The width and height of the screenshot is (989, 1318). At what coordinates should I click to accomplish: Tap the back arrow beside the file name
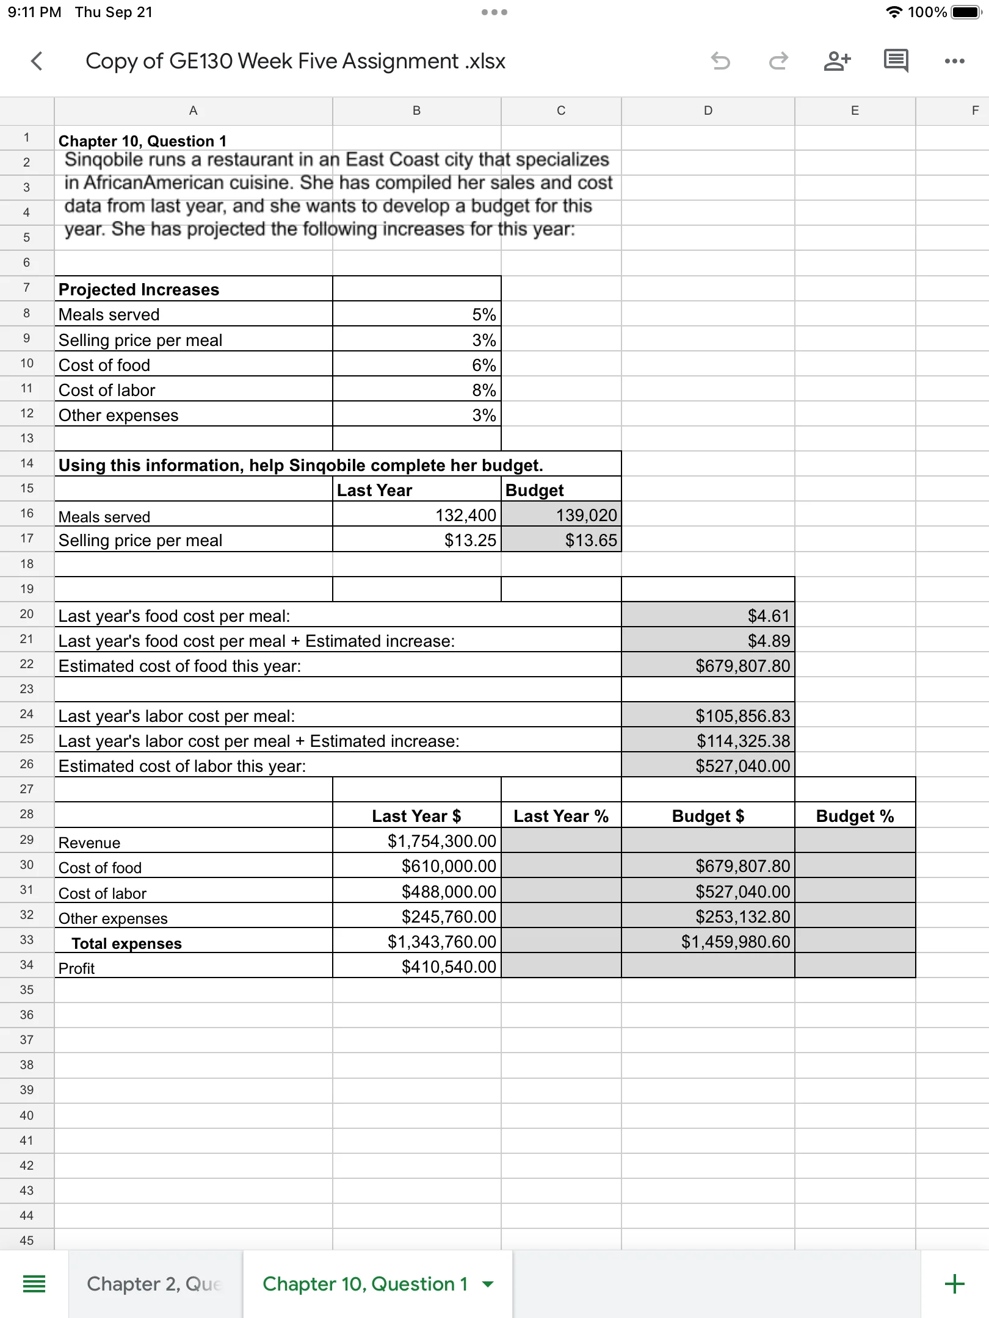tap(37, 61)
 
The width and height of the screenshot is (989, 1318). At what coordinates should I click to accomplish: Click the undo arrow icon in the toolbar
tap(721, 61)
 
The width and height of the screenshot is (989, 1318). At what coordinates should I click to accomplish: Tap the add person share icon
tap(837, 61)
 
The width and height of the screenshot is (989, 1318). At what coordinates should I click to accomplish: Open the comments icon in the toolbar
tap(896, 61)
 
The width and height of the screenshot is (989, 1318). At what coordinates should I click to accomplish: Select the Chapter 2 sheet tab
tap(154, 1284)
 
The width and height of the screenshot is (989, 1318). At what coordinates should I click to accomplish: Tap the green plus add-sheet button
tap(954, 1284)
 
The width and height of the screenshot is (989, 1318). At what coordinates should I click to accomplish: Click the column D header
tap(708, 110)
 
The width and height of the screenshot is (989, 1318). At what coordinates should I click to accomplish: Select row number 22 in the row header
tap(26, 664)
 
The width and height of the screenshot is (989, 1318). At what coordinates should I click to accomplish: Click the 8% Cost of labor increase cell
tap(417, 389)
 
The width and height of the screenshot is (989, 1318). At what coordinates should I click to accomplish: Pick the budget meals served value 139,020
tap(561, 515)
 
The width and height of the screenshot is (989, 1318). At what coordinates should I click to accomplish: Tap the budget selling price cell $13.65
tap(561, 540)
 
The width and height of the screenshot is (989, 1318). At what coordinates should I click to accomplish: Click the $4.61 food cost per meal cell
tap(708, 616)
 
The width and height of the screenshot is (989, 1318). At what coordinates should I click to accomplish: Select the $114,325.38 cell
tap(708, 741)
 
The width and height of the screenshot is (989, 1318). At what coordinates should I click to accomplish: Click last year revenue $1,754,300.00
tap(417, 841)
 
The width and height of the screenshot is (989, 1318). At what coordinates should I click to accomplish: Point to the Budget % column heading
tap(855, 816)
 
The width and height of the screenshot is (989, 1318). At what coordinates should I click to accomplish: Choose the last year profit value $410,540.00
tap(417, 967)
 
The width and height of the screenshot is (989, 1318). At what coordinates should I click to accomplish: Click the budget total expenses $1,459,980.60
tap(708, 942)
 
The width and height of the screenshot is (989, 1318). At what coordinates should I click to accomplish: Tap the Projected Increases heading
tap(139, 289)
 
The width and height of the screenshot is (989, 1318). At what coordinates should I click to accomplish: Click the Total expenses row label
tap(126, 943)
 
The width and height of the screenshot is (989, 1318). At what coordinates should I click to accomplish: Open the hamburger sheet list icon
tap(34, 1284)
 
